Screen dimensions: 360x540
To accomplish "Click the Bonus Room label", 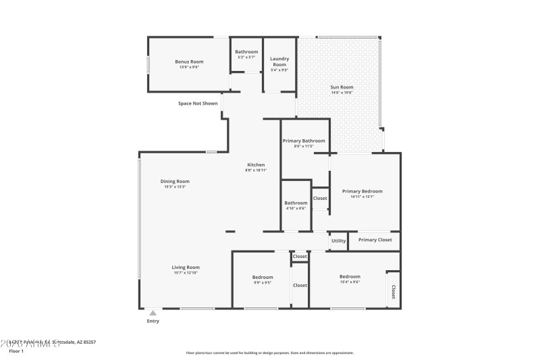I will (189, 61).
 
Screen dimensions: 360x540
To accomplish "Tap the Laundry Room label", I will (279, 61).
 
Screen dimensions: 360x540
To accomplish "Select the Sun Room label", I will (342, 87).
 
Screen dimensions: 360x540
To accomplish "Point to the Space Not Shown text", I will (198, 103).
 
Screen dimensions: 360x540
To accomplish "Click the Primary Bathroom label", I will (304, 140).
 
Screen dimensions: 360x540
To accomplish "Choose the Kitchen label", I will (256, 165).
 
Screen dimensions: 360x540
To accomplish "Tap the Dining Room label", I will (174, 181).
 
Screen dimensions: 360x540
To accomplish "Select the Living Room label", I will (185, 267).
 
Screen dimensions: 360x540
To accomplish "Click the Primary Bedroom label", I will (362, 191).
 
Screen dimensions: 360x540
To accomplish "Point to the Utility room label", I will (338, 240).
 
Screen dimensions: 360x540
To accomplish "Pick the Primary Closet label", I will (375, 240).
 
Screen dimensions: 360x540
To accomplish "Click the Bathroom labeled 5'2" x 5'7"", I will (246, 52).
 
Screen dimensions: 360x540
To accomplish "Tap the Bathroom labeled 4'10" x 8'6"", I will (296, 203).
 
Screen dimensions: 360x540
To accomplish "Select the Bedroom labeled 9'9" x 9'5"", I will (263, 277).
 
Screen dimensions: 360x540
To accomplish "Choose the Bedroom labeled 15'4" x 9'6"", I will (350, 276).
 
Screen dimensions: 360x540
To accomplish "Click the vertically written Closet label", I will (393, 293).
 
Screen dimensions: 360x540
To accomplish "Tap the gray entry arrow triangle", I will (153, 313).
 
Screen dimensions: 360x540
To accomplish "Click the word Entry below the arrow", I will (153, 321).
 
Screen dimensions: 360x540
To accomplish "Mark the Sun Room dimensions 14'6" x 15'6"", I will (342, 93).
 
